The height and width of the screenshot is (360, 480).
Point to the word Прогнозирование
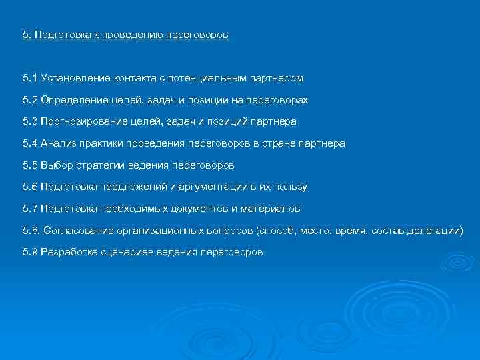tap(81, 122)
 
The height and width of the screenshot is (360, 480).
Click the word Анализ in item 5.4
tap(57, 143)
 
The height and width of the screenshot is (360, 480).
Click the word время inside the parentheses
tap(353, 231)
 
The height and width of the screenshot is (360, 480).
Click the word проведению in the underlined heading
tap(131, 35)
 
